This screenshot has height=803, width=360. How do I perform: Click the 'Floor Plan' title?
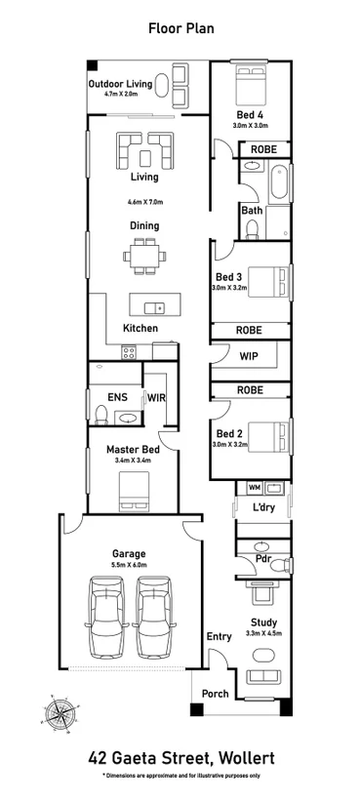180,29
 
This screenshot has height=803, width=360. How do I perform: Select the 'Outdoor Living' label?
120,84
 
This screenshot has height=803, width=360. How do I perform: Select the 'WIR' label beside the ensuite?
156,397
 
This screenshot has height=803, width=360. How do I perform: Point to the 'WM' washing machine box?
254,487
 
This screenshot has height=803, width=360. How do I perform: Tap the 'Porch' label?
215,695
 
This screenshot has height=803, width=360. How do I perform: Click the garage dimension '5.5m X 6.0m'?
129,565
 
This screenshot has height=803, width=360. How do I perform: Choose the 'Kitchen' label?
140,329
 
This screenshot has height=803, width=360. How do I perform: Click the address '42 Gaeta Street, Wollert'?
180,756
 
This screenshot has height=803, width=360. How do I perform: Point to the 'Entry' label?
219,636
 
